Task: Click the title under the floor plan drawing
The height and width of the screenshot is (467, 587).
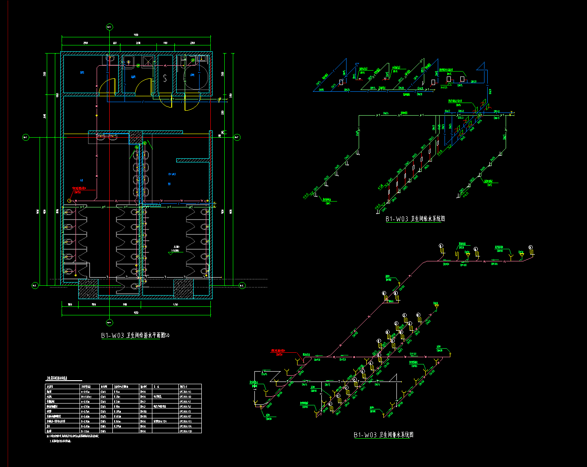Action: click(x=135, y=336)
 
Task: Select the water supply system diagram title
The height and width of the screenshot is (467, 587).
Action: click(x=415, y=219)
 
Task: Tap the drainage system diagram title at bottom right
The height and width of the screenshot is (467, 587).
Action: click(x=383, y=435)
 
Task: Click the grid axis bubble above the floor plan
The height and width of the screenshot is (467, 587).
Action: click(x=109, y=27)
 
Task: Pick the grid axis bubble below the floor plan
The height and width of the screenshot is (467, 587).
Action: click(x=109, y=322)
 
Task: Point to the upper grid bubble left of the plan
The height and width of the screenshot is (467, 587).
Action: click(x=26, y=137)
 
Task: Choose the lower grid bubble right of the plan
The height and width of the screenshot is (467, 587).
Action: click(x=241, y=285)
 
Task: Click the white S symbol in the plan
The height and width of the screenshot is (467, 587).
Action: click(x=165, y=79)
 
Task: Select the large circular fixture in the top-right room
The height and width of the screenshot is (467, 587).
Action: click(x=196, y=77)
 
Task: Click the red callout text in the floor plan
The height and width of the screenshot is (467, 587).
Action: click(x=79, y=188)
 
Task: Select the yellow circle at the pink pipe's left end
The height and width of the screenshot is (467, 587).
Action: click(x=69, y=200)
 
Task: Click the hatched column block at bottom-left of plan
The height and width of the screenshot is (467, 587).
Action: click(x=88, y=288)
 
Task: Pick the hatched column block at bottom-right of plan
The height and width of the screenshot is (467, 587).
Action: click(x=183, y=288)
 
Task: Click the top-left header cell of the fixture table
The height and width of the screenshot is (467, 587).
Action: click(x=62, y=386)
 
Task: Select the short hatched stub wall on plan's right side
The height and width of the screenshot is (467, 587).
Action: click(x=193, y=160)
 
